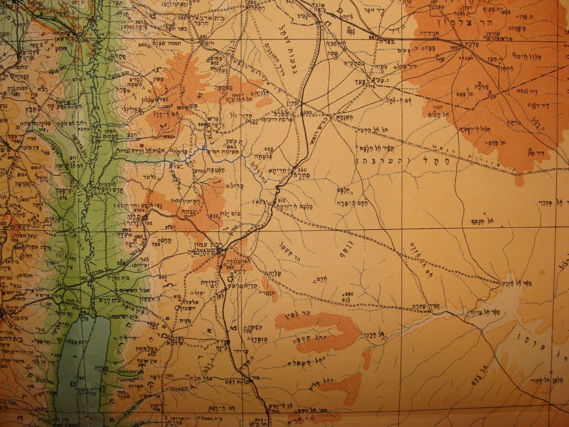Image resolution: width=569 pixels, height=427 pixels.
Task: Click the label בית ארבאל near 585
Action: [200, 18]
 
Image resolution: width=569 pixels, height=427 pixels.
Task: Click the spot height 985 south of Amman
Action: [231, 268]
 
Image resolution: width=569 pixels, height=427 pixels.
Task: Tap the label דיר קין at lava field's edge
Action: [545, 151]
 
